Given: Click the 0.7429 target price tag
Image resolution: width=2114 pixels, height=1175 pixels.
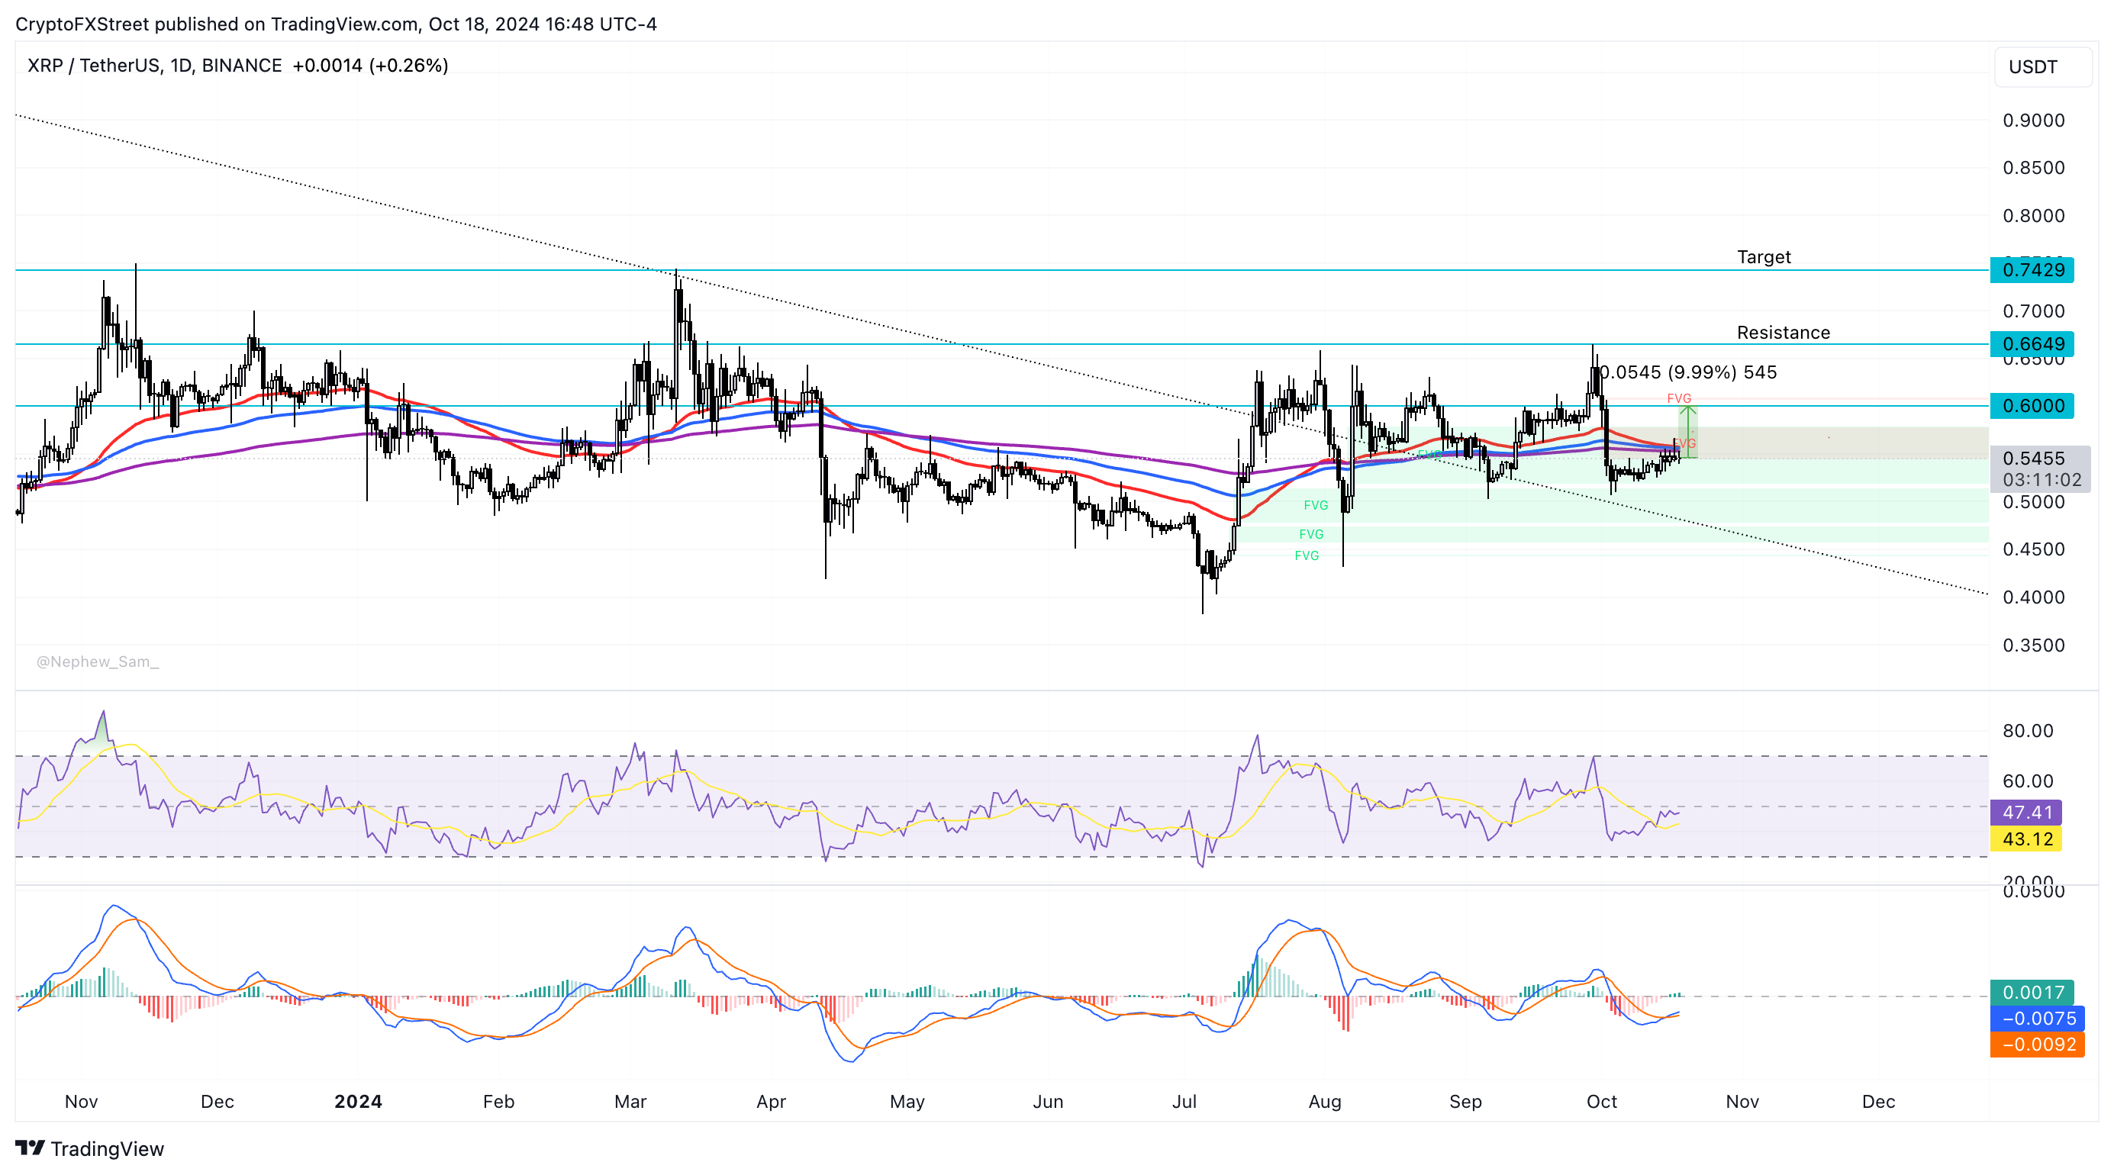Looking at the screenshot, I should coord(2032,270).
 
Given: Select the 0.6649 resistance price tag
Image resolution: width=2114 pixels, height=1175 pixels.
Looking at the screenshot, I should coord(2032,344).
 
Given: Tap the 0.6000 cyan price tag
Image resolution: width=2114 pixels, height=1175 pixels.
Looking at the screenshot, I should coord(2032,405).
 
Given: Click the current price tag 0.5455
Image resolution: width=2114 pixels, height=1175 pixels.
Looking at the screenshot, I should coord(2034,459).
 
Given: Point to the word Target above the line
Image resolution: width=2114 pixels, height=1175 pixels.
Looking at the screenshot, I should coord(1764,257).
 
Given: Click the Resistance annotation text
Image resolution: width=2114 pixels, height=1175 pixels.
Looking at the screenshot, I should coord(1783,333).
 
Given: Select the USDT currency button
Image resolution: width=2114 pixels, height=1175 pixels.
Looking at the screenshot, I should coord(2033,66).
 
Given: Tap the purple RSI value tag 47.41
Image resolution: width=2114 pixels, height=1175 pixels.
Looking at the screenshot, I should coord(2026,813).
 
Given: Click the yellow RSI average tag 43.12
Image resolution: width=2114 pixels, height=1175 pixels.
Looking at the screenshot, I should coord(2026,839).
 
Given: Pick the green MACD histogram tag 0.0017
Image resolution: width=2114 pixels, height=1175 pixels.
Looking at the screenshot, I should coord(2032,992).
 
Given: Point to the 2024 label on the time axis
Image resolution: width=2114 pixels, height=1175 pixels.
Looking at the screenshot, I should coord(358,1101).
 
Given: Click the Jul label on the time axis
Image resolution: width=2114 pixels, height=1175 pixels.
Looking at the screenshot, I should coord(1184,1101).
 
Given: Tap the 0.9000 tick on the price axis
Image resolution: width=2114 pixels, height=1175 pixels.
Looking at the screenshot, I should coord(2033,121).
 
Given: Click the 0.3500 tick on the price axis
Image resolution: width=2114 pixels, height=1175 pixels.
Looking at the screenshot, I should coord(2033,645).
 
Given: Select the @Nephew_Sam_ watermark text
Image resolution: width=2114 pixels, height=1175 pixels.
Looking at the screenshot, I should coord(98,662).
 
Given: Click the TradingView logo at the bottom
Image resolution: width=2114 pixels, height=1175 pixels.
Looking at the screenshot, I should coord(90,1149).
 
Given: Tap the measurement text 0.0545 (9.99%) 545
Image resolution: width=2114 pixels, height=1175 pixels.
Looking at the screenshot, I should coord(1689,372).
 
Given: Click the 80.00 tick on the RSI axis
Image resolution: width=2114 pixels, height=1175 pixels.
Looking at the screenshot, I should coord(2027,730).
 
